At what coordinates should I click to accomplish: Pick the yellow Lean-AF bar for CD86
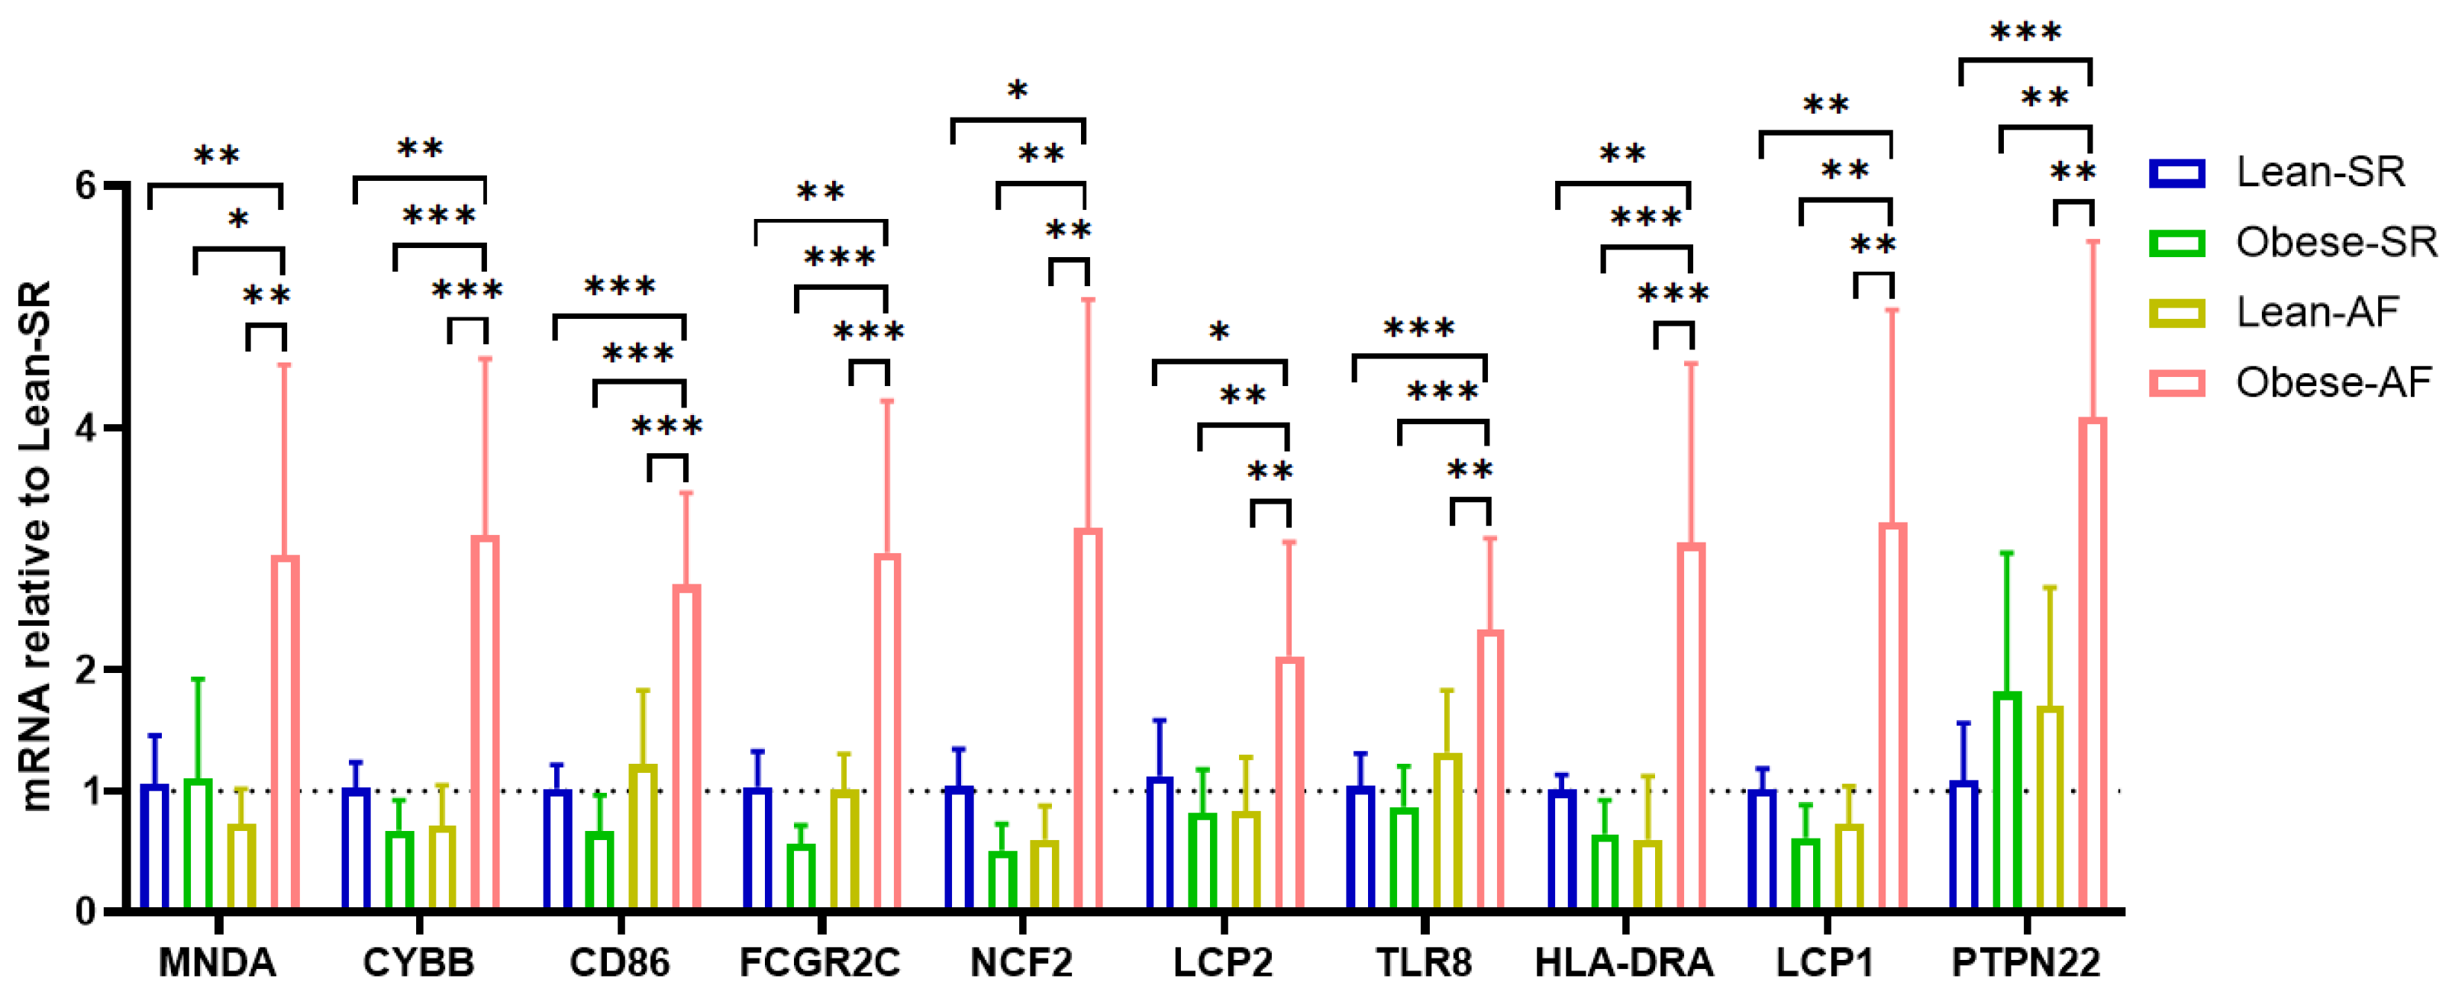tap(643, 837)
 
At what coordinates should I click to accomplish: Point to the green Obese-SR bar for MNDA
tap(198, 845)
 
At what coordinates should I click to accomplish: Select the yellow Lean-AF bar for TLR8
tap(1447, 832)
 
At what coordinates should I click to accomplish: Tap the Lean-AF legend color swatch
tap(2176, 313)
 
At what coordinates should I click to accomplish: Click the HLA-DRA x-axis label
tap(1624, 963)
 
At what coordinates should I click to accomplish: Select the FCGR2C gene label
tap(819, 963)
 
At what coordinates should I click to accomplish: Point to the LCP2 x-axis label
tap(1223, 963)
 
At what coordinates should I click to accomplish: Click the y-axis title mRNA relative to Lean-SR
tap(36, 546)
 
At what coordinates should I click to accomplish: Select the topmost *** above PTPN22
tap(2025, 34)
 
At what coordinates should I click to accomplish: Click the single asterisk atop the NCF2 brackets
tap(1018, 92)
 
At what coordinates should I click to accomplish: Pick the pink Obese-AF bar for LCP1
tap(1892, 717)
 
